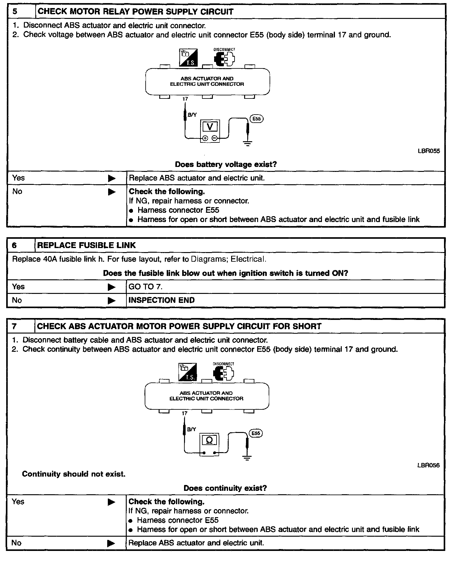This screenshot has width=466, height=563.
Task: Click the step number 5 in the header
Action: [15, 12]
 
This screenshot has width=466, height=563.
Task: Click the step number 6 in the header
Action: [15, 246]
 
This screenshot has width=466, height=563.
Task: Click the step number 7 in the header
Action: [14, 326]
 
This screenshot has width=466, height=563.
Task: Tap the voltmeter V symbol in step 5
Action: [210, 127]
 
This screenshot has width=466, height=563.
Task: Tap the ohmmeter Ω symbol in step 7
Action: [209, 440]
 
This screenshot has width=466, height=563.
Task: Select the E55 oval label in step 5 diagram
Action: [257, 119]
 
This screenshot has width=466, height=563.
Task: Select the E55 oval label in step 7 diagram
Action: [256, 433]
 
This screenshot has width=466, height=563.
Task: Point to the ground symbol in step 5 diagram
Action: [248, 143]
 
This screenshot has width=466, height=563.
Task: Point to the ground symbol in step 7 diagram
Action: [247, 458]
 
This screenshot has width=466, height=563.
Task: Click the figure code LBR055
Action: [429, 151]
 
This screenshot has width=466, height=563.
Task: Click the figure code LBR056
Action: [428, 465]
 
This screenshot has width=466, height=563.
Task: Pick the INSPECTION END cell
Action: [161, 300]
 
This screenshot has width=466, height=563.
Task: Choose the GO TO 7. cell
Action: [146, 287]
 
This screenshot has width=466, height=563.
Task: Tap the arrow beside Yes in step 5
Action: [112, 178]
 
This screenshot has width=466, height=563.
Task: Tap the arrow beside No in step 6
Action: [112, 300]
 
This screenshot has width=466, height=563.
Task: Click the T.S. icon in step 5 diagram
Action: [188, 58]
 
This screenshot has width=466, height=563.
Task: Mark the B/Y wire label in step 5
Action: [192, 115]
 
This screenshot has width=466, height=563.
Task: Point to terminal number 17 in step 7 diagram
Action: [184, 413]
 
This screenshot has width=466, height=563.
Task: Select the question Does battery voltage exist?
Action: [226, 164]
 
